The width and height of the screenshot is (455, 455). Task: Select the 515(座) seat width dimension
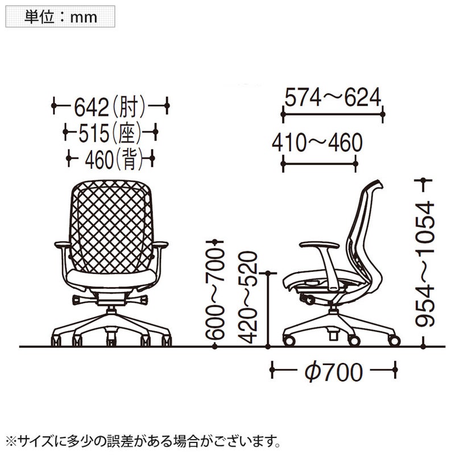tap(110, 134)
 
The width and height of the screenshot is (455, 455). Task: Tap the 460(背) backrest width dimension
tap(111, 160)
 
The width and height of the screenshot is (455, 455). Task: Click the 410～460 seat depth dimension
tap(317, 143)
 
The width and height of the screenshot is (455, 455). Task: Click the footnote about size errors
tap(142, 440)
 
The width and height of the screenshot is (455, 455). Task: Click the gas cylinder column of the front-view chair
tap(110, 310)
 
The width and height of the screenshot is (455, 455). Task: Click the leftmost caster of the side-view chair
tap(289, 341)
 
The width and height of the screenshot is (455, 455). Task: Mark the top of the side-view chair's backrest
tap(377, 184)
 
